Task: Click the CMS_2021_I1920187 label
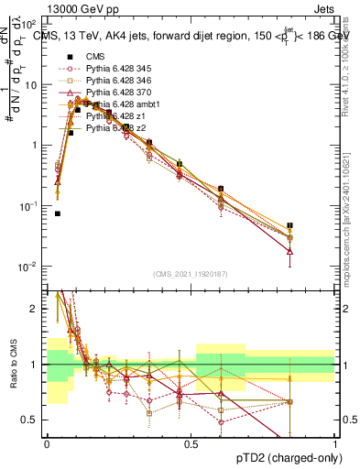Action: pos(191,274)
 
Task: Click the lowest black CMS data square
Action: pos(57,213)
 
